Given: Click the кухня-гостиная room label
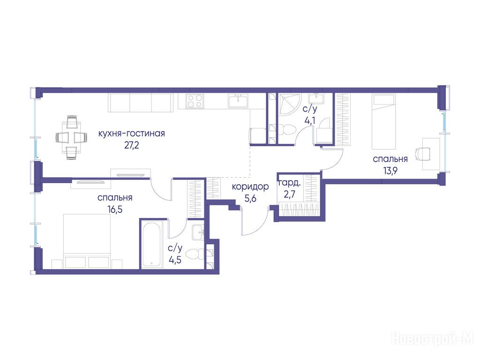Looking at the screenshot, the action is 132,134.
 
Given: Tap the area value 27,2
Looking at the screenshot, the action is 132,145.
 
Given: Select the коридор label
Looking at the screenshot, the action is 250,187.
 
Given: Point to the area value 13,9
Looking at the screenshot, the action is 390,171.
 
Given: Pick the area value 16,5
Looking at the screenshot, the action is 115,210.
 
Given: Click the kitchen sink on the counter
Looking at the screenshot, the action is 238,101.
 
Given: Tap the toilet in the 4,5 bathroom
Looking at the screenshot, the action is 195,254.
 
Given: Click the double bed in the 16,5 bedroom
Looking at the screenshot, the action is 87,241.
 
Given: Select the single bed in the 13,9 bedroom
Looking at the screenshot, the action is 384,121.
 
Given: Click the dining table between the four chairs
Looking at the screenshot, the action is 72,137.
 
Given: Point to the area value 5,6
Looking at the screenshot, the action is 250,199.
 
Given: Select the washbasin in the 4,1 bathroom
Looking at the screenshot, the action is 315,98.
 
